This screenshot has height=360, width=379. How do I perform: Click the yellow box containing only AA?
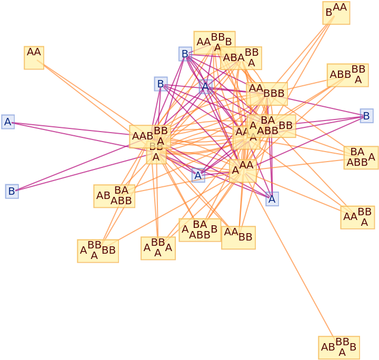[34, 57]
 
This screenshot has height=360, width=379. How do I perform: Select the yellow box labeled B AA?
[336, 13]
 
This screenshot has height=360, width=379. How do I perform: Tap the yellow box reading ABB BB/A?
[347, 75]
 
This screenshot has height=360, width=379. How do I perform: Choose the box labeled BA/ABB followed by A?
[361, 157]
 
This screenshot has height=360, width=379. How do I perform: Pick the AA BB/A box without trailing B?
[357, 217]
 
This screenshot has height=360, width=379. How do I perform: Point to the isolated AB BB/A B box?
[339, 347]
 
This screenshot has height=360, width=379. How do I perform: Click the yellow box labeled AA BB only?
[238, 237]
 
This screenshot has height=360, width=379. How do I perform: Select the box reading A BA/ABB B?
[200, 229]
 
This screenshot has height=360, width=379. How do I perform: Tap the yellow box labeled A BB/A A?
[158, 248]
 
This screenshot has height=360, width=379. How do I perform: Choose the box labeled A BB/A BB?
[98, 251]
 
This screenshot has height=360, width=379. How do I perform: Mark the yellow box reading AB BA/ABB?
[114, 196]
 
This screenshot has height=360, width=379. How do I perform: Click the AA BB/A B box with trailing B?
[214, 43]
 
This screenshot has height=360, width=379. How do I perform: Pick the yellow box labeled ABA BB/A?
[241, 58]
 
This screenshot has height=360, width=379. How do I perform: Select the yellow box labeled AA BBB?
[267, 94]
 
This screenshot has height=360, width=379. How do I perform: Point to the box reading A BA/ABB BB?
[271, 126]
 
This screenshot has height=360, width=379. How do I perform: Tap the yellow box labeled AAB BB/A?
[150, 136]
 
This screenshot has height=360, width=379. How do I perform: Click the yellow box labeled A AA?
[243, 171]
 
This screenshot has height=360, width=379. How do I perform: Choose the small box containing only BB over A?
[156, 153]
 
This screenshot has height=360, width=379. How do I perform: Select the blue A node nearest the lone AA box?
[8, 122]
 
